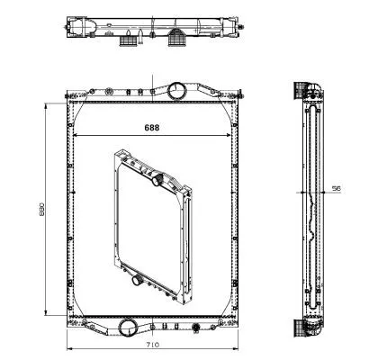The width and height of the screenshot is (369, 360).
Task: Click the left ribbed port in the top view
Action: [x=131, y=40]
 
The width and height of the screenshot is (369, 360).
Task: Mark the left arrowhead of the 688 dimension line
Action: [x=76, y=136]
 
